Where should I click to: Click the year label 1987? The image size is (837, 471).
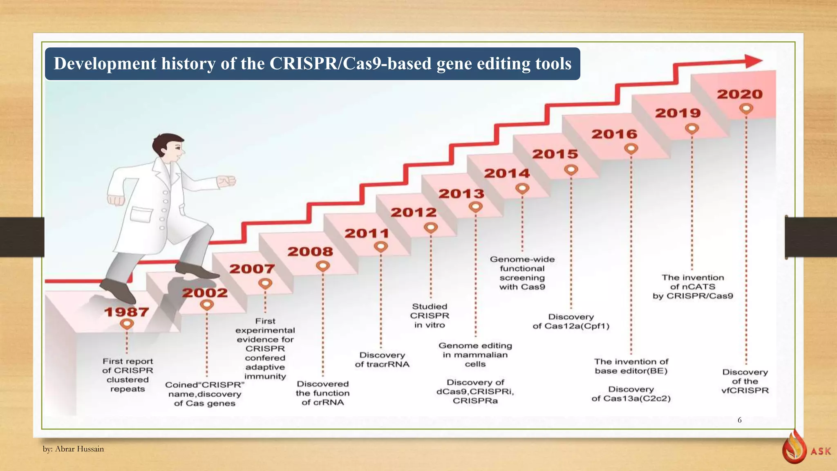[x=126, y=312]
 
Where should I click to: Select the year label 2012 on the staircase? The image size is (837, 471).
[x=414, y=213]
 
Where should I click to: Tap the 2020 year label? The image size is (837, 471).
[x=740, y=94]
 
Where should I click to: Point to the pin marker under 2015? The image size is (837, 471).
[x=571, y=169]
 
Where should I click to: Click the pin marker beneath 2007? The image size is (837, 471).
[x=265, y=283]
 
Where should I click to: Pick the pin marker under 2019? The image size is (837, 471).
[x=692, y=129]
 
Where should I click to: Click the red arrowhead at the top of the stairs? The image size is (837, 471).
[x=753, y=61]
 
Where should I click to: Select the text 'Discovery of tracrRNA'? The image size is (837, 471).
[x=382, y=360]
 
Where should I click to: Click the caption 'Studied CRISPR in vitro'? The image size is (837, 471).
[x=430, y=316]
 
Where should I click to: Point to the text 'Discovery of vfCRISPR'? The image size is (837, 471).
[x=745, y=381]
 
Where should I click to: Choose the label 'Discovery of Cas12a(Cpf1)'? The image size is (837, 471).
[x=571, y=321]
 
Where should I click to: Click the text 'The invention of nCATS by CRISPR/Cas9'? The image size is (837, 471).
[x=693, y=287]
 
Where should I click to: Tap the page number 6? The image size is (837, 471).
[x=739, y=420]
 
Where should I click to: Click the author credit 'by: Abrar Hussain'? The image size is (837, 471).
[x=74, y=449]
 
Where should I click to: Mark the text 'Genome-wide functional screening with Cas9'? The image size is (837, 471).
[x=522, y=273]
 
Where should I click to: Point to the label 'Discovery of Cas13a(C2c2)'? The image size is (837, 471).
[x=631, y=394]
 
